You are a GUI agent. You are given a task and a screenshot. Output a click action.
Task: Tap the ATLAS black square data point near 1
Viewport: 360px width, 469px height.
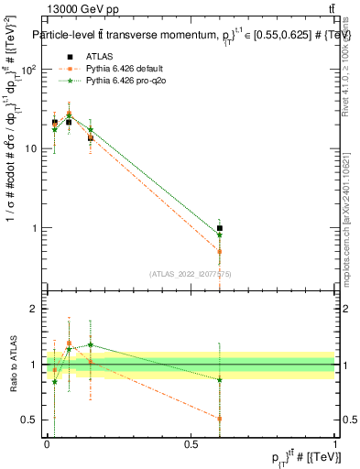220,228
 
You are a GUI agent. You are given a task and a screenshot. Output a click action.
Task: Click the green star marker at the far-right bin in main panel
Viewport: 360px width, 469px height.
220,235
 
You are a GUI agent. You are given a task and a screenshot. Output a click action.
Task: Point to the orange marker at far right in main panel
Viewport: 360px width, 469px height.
220,251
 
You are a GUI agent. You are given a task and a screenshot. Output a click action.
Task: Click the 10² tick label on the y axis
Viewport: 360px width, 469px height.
29,70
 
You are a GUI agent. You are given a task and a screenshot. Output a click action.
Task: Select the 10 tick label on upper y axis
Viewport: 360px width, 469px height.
32,148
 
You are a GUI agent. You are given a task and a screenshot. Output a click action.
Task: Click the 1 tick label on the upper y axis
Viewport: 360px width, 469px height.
35,227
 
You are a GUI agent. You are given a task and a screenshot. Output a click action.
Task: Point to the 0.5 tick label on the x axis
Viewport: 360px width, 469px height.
191,443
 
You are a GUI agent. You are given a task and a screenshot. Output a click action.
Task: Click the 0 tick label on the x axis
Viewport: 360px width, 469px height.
47,443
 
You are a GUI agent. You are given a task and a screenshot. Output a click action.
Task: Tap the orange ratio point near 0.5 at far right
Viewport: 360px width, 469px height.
220,419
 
